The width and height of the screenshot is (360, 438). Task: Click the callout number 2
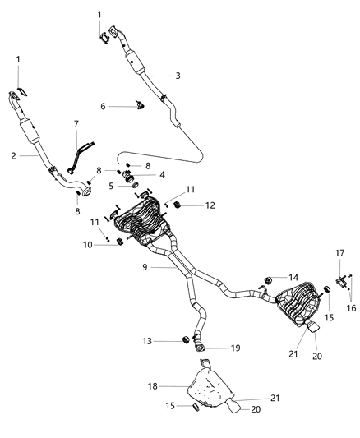click(x=14, y=154)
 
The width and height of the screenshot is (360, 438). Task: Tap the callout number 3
click(x=178, y=76)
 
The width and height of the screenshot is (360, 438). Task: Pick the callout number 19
click(x=235, y=348)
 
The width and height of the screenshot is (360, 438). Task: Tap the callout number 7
click(x=76, y=124)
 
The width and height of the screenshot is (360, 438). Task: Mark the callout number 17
click(x=338, y=252)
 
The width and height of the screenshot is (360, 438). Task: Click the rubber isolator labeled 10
click(x=119, y=242)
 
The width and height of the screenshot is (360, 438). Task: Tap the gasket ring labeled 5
click(x=134, y=186)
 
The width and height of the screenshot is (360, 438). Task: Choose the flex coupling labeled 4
click(x=128, y=175)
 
